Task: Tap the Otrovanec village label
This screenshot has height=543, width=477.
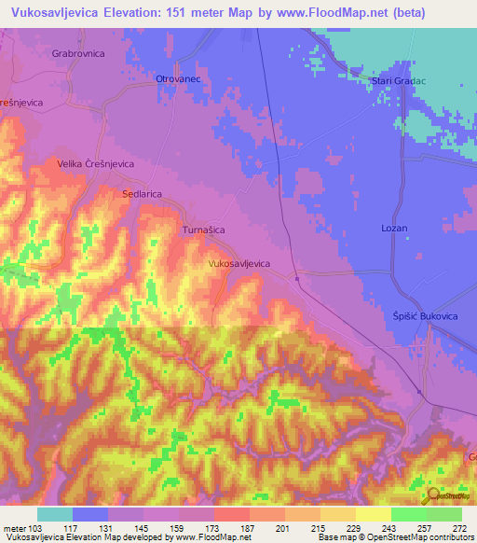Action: (178, 79)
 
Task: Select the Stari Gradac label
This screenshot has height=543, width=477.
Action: (399, 81)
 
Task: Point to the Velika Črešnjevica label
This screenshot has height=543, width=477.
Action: (96, 163)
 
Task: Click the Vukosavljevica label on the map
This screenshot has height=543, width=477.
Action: (238, 264)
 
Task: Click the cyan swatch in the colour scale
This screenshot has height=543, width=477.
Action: (54, 514)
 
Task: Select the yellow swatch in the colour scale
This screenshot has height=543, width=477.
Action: (373, 514)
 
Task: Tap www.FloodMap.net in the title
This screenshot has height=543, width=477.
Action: (351, 12)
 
